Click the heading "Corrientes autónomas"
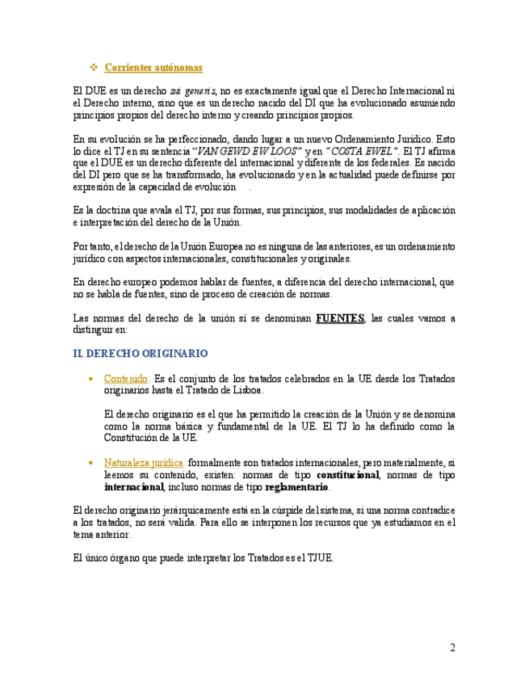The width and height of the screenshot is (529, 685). pyautogui.click(x=153, y=67)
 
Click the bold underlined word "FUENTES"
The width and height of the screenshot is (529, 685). pyautogui.click(x=339, y=318)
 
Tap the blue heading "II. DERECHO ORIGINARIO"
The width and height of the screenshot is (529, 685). pyautogui.click(x=141, y=354)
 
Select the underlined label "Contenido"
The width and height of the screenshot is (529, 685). pyautogui.click(x=126, y=378)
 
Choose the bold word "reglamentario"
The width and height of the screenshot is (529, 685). pyautogui.click(x=297, y=488)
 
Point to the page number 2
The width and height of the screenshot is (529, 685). pyautogui.click(x=452, y=648)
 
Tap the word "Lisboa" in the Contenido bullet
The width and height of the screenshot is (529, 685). pyautogui.click(x=245, y=390)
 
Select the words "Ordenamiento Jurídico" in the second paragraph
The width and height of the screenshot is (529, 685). pyautogui.click(x=377, y=138)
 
